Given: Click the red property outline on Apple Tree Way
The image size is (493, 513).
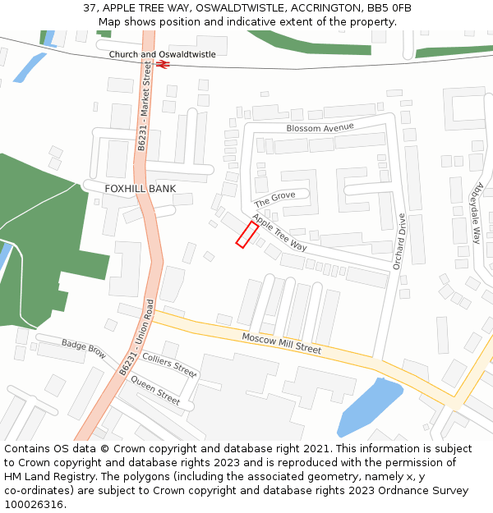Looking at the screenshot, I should coord(247,234).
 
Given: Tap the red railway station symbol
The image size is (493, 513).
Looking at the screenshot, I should coord(163,63).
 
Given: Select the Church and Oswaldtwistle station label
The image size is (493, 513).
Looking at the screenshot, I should coord(162,54).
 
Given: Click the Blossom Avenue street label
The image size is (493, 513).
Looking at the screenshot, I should coord(320,127).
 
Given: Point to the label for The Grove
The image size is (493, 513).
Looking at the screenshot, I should coord(274,199).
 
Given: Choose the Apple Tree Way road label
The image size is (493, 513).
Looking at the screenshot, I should coord(279,232).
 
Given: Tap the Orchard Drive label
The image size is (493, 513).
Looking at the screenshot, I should coord(399,241).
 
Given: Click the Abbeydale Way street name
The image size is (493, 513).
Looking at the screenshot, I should coord(475,213).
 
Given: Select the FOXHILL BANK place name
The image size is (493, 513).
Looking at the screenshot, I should coord(140,189).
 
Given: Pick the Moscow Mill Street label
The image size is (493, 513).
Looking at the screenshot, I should coord(281,343).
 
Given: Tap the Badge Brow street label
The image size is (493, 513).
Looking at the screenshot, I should coord(84,349).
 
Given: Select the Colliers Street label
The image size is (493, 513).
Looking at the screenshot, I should coord(170,364).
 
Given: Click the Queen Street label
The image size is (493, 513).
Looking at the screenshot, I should coord(155,392).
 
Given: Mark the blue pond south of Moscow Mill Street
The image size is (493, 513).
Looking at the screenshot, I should coord(369,409).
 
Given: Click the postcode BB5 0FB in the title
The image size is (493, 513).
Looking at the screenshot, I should coord(390,8).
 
